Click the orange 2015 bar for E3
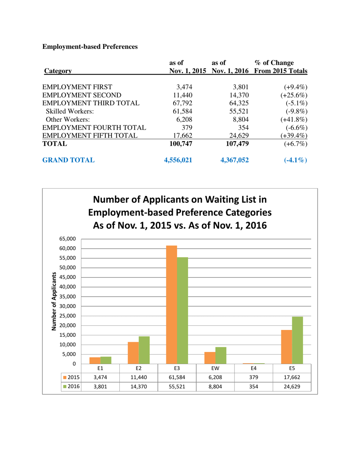(171, 305)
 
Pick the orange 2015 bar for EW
(210, 358)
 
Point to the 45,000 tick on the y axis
(68, 277)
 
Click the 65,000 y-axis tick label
(68, 239)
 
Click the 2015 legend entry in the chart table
(71, 377)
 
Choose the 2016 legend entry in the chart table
(71, 387)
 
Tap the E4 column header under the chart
(253, 368)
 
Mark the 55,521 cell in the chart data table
(177, 387)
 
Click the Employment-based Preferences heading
(90, 47)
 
